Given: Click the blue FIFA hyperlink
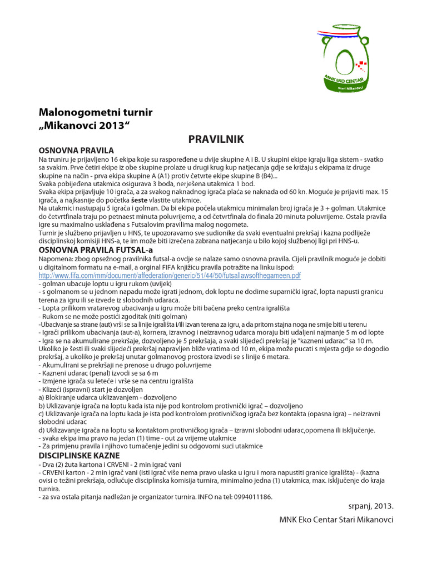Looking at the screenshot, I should [170, 275].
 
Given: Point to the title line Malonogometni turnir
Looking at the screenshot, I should [95, 113].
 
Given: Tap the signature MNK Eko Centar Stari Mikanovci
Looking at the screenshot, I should [336, 520].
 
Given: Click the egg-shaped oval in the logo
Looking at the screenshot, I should [344, 58].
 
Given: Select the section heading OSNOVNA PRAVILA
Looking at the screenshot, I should [76, 150].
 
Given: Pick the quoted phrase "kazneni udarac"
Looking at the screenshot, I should [297, 340].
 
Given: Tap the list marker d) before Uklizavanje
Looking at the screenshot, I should [42, 430].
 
